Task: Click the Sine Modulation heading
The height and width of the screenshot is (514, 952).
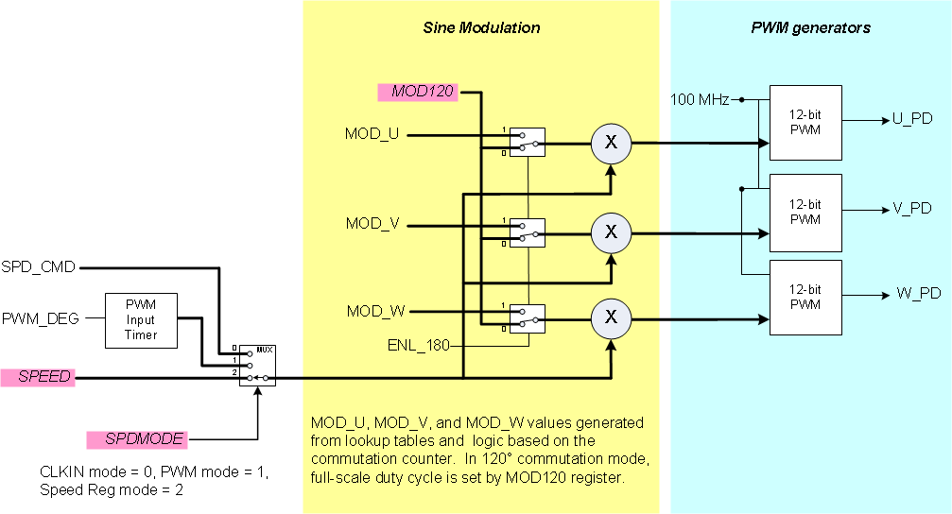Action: coord(481,27)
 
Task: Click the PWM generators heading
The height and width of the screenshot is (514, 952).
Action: coord(810,27)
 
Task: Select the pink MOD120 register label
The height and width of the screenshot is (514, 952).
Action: coord(417,92)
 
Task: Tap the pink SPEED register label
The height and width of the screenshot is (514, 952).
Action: coord(37,377)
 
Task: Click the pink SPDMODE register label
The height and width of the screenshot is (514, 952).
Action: coord(136,439)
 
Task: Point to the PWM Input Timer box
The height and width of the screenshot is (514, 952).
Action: coord(140,318)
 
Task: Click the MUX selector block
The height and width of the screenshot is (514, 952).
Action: coord(256,364)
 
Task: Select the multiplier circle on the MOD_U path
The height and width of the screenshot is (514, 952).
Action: coord(611,142)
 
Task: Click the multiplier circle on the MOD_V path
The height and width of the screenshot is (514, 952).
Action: coord(611,231)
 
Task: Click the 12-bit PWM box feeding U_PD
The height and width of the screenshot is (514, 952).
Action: coord(805,122)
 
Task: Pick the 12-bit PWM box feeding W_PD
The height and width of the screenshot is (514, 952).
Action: coord(805,297)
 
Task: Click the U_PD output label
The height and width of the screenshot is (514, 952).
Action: coord(911,119)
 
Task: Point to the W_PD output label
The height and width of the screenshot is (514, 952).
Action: coord(917,293)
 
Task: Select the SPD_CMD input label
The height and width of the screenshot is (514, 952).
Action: coord(39,267)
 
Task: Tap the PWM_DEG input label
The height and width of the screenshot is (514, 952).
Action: coord(40,317)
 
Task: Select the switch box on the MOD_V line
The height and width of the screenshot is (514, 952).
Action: coord(528,231)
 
